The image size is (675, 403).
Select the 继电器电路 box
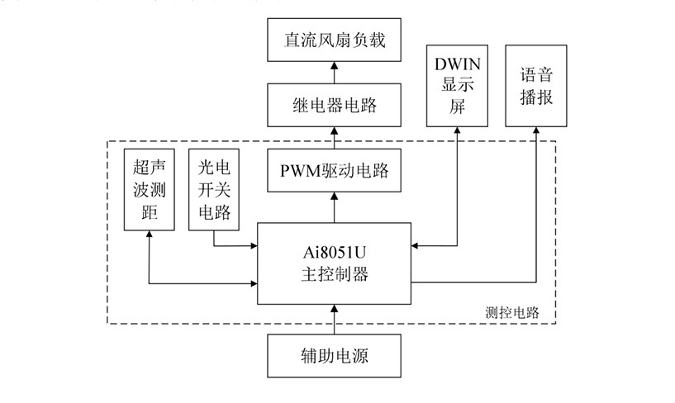[334, 105]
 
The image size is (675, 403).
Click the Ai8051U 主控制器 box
[334, 263]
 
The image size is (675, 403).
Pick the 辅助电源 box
[334, 358]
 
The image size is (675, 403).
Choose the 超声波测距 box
[149, 190]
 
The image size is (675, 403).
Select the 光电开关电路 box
[214, 190]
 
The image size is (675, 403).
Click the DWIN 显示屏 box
[457, 85]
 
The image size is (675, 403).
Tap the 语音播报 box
[536, 85]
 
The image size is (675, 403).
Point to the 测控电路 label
[511, 313]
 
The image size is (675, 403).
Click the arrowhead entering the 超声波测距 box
[149, 235]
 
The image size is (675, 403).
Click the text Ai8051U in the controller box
[334, 254]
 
